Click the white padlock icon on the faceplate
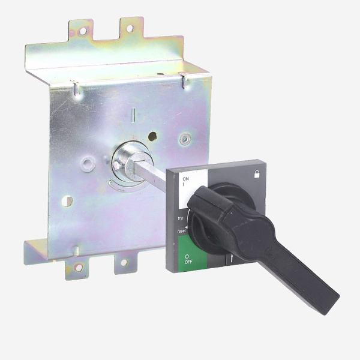pos(257,174)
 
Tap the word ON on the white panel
pos(185,179)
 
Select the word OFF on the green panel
pos(188,262)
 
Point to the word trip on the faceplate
pos(181,218)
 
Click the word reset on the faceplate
pos(181,231)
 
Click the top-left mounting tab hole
pos(83,31)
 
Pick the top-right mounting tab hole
pos(130,28)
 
